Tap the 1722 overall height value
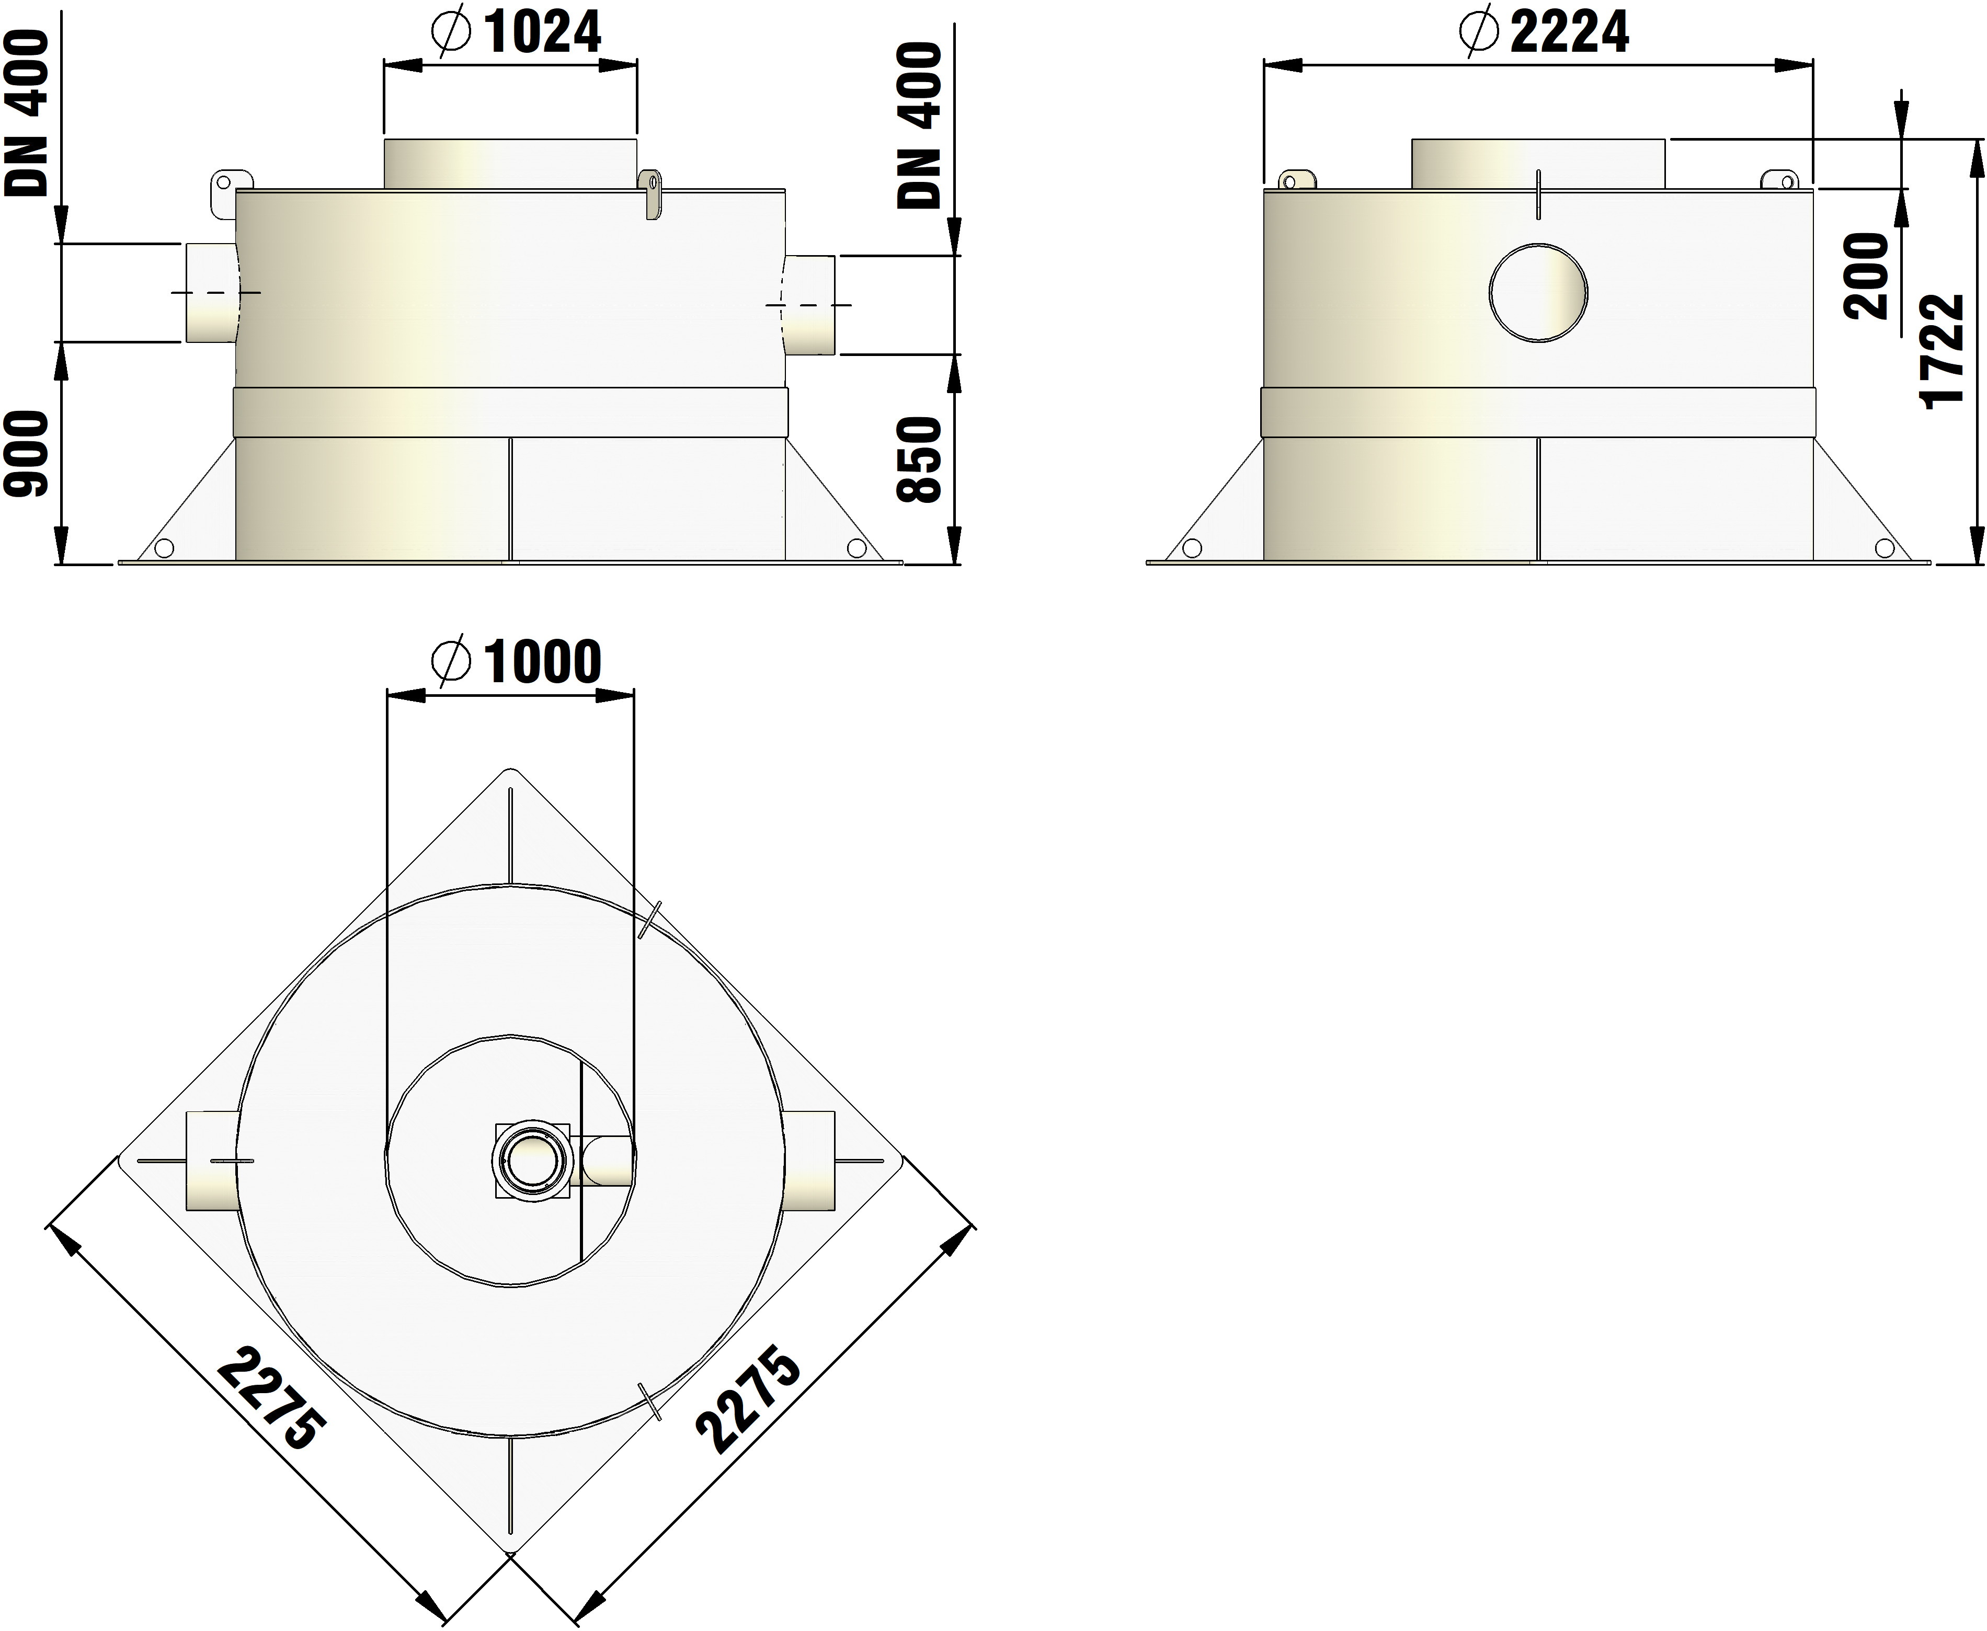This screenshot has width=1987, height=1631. point(1944,350)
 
